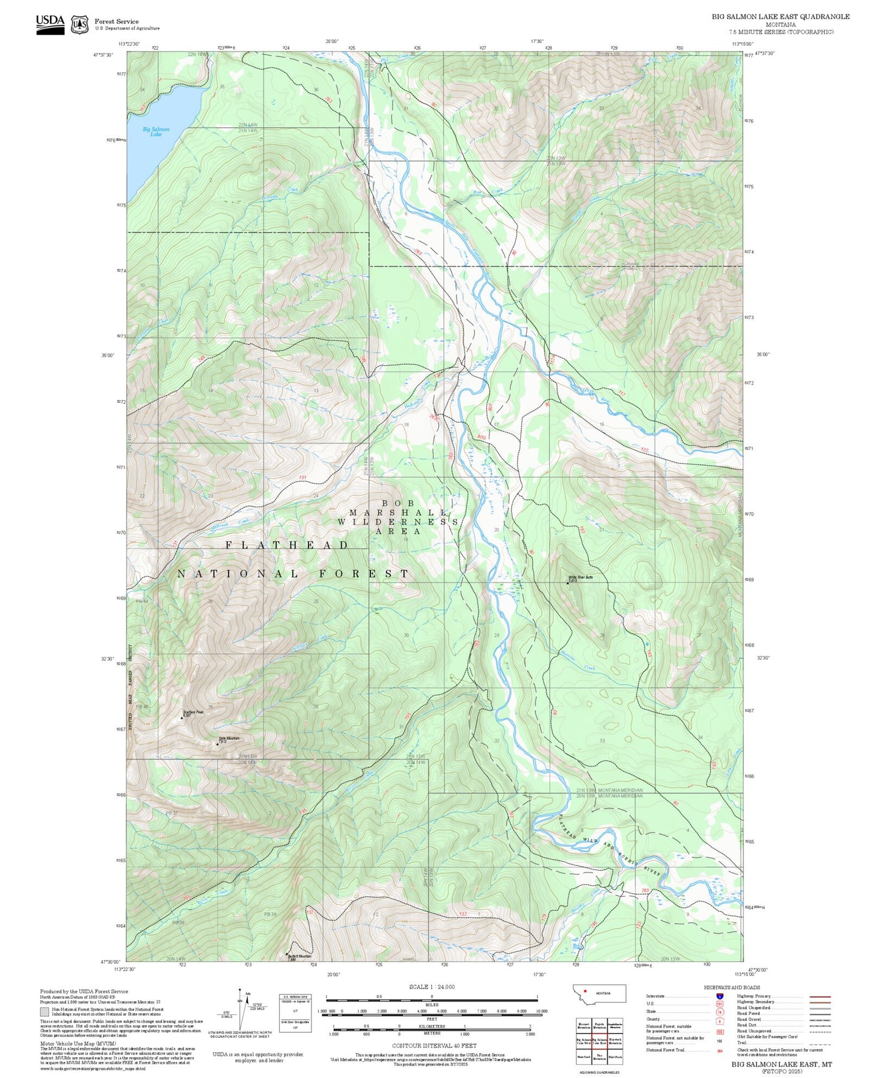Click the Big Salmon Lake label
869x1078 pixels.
click(156, 132)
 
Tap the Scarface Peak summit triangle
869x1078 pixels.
click(182, 717)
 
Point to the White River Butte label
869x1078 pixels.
click(580, 577)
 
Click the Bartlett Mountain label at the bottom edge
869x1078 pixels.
click(299, 956)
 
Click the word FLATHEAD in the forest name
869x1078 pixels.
click(287, 545)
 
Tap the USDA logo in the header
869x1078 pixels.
click(50, 24)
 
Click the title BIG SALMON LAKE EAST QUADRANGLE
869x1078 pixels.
click(780, 17)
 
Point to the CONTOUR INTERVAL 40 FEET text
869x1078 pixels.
click(434, 1046)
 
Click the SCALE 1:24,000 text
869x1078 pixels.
click(431, 987)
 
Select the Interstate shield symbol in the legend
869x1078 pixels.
click(719, 996)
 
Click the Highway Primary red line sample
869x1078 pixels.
click(820, 996)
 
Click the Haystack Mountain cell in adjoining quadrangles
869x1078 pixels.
click(615, 1040)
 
